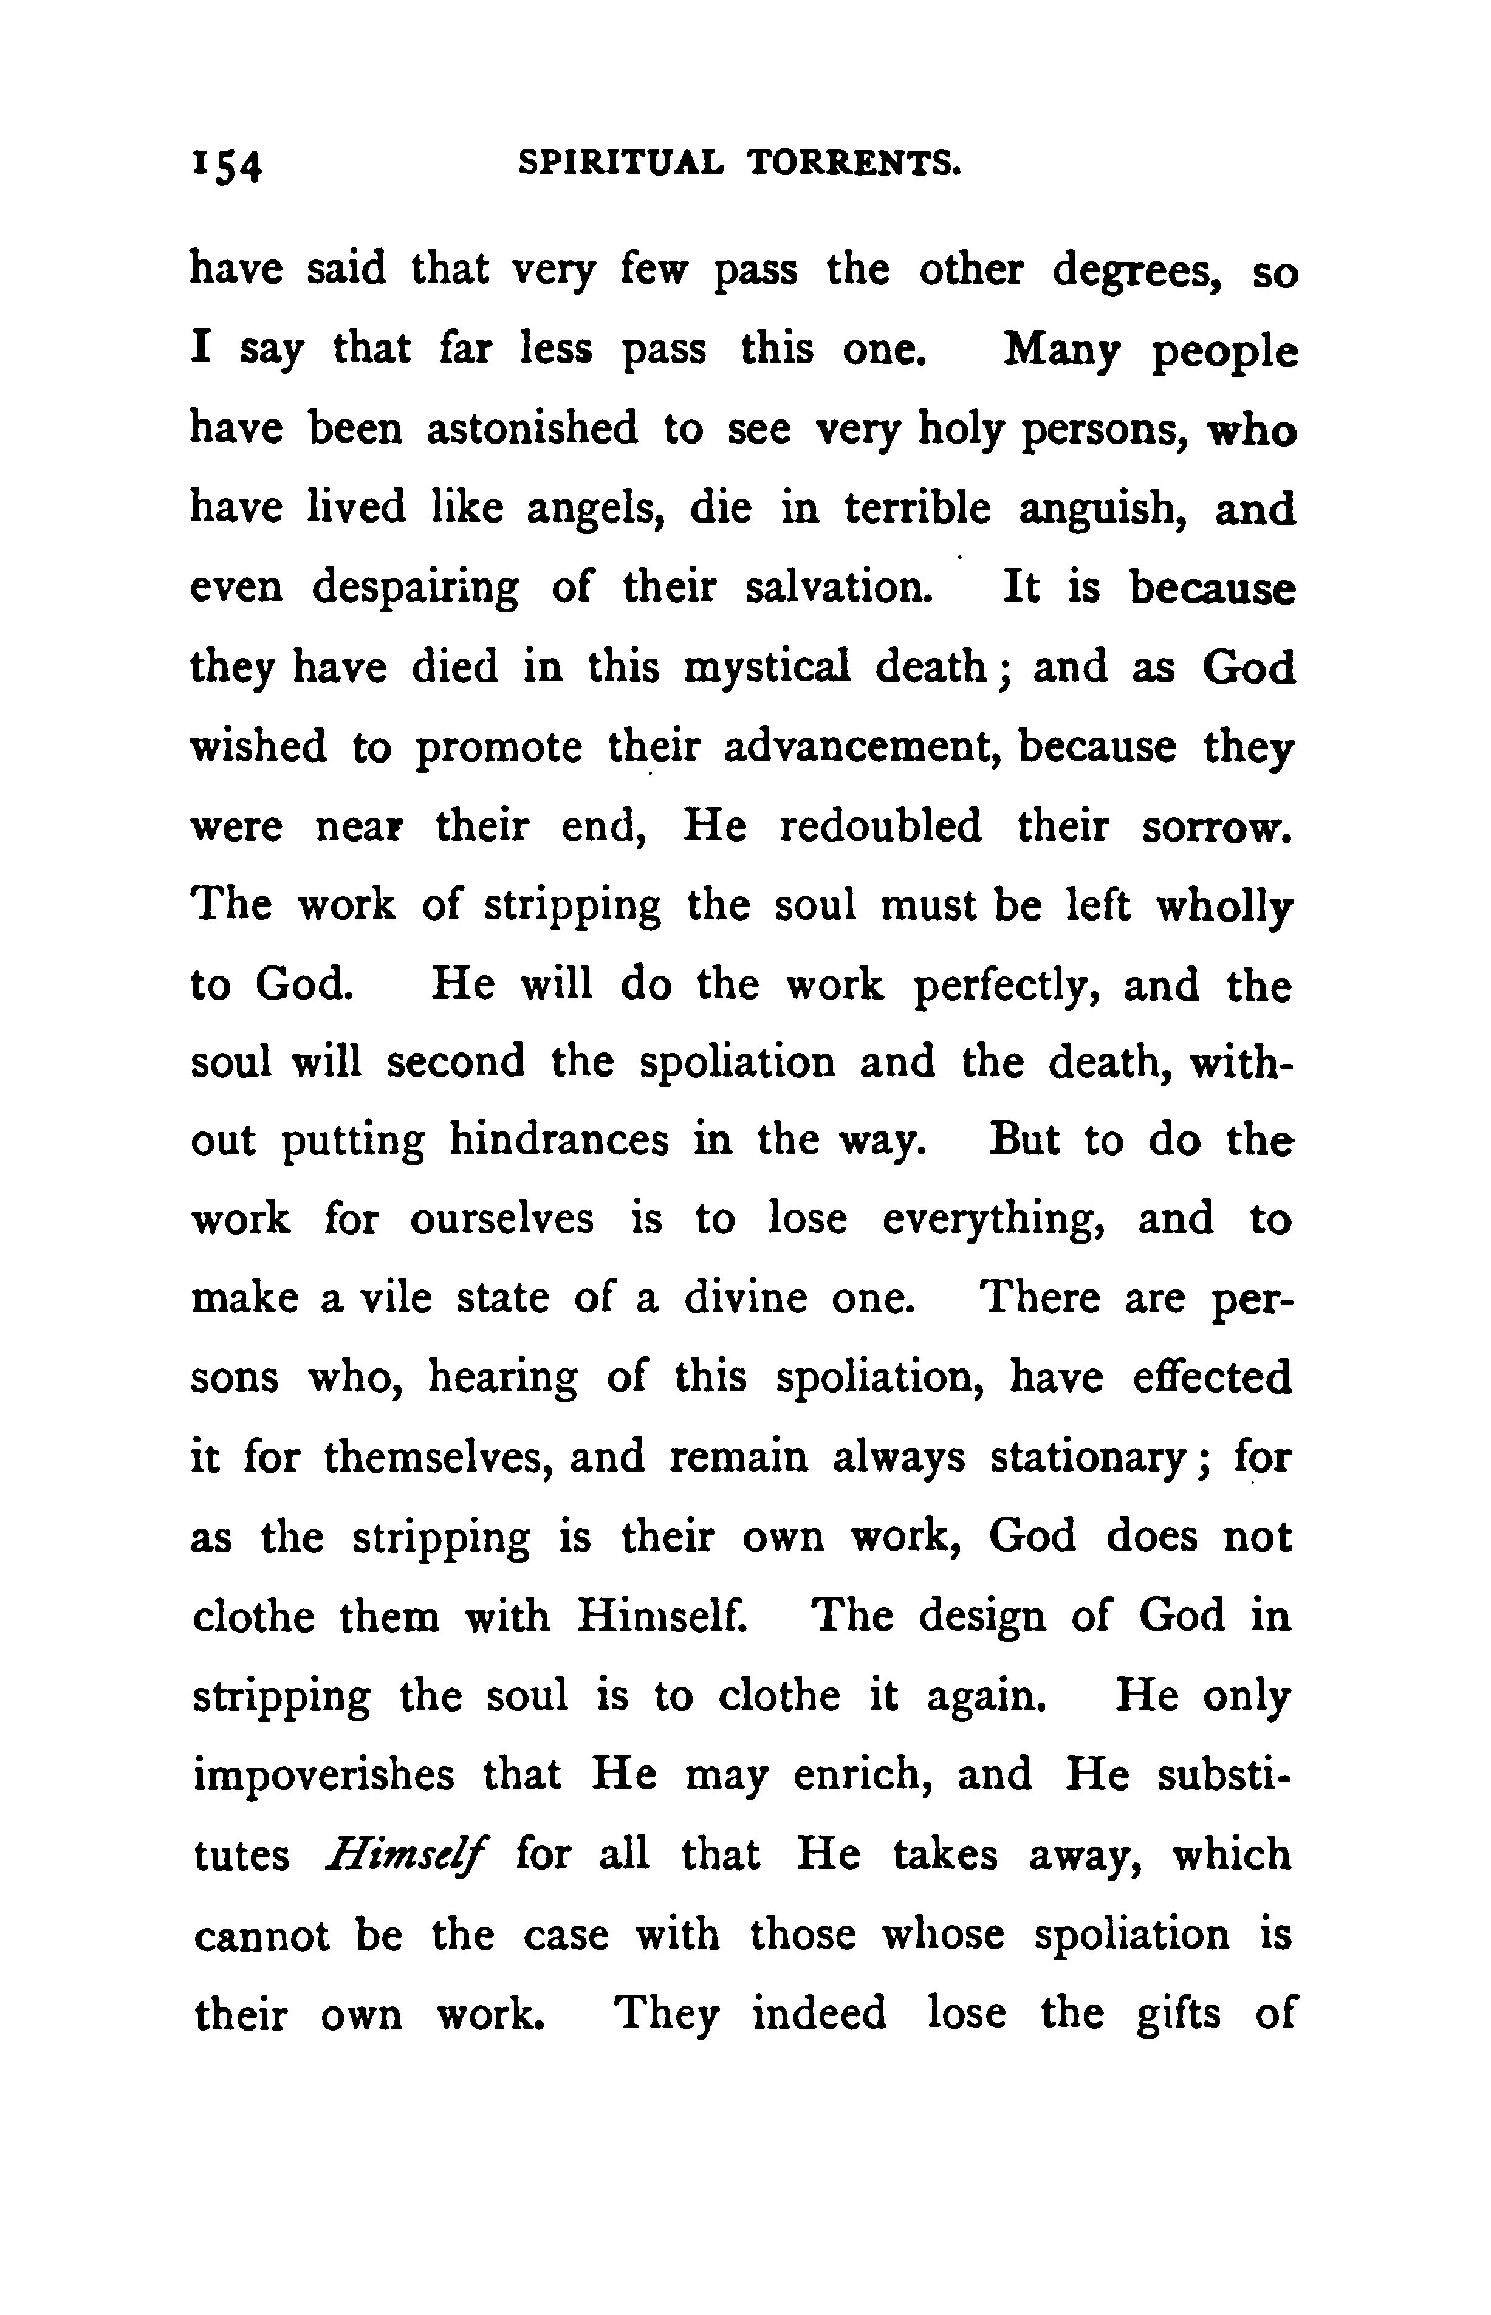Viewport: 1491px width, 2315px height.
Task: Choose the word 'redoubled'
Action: coord(880,825)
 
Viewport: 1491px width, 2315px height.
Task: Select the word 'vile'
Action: coord(391,1297)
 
